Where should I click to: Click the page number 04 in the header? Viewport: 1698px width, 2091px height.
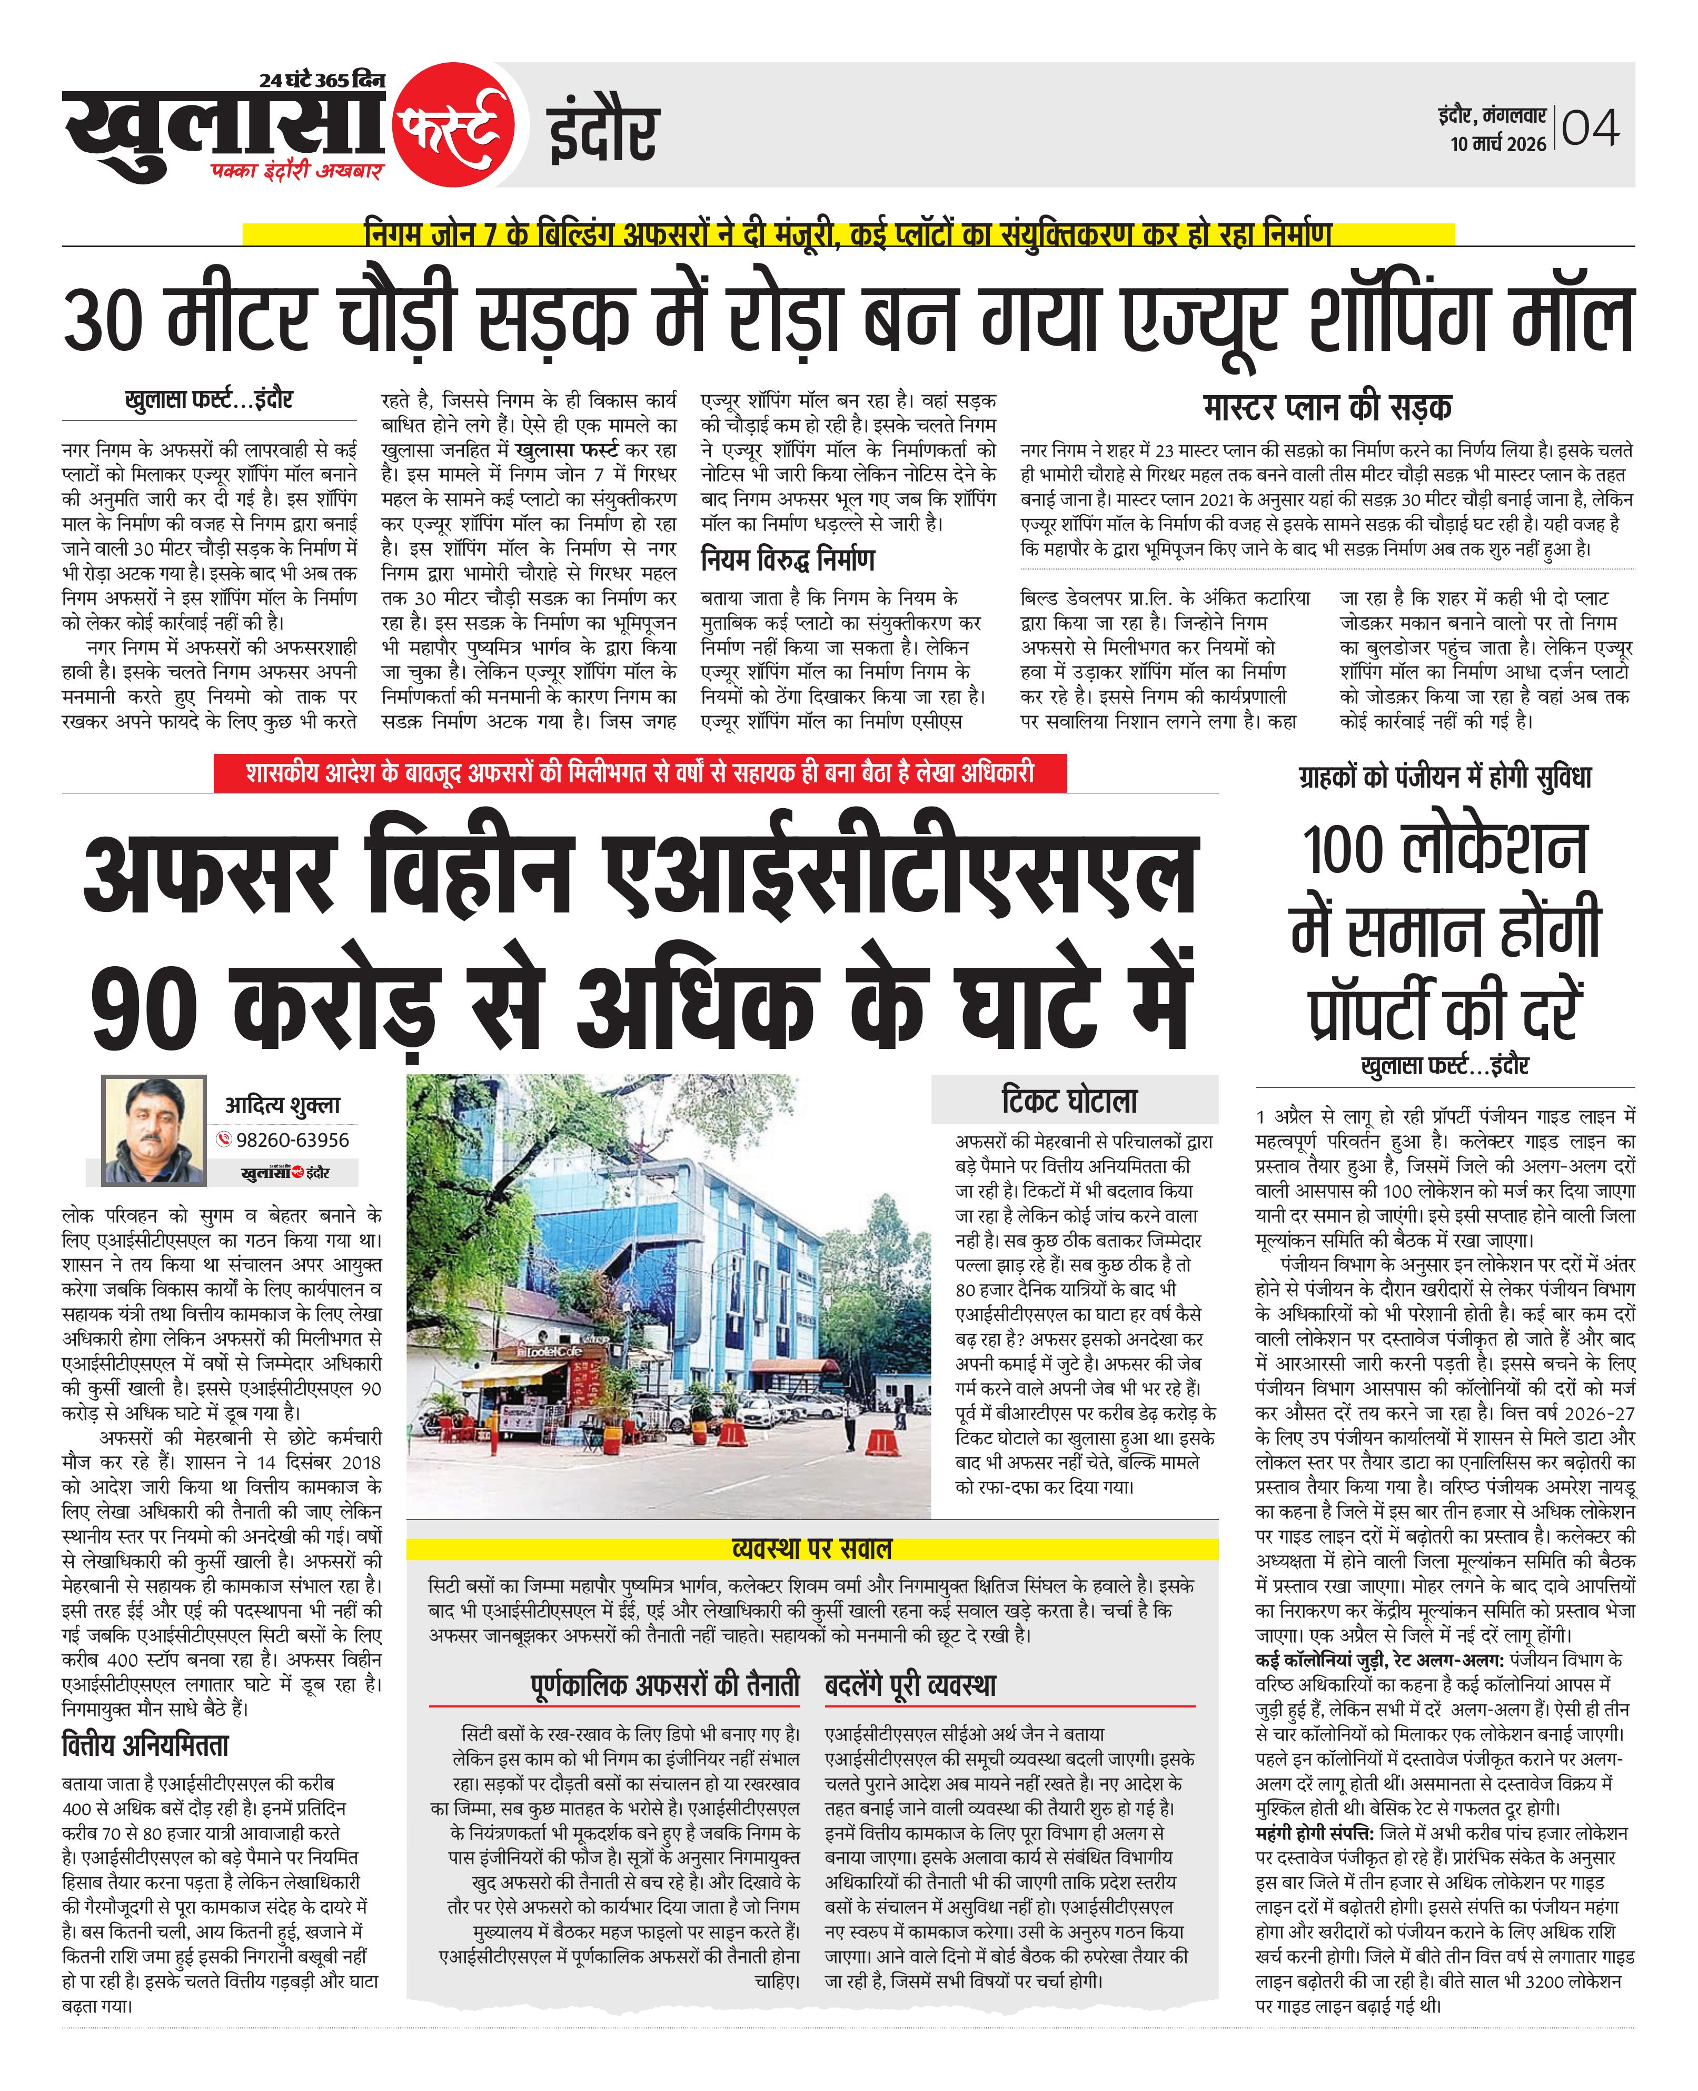[x=1591, y=128]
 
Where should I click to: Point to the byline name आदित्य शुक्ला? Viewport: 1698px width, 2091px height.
[x=283, y=1106]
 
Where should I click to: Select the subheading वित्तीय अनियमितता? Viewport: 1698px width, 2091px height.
[x=145, y=1745]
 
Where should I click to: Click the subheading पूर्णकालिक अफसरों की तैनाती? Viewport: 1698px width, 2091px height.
[x=665, y=1685]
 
